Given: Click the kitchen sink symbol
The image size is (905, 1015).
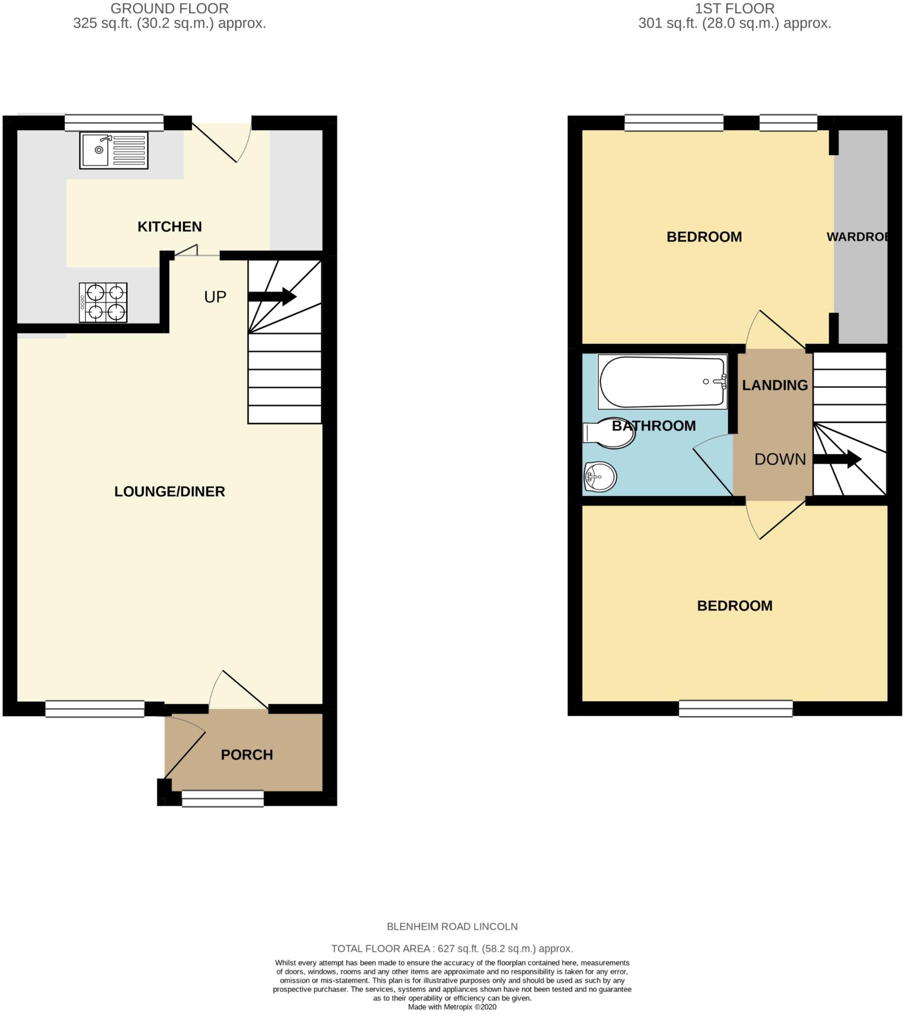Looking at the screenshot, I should [113, 150].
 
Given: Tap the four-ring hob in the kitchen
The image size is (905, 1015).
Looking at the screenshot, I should [103, 302].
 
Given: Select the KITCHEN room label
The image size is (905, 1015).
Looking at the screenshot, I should [169, 227].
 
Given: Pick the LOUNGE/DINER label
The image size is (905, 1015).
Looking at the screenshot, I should [169, 492].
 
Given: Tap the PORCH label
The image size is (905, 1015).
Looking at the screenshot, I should [247, 755].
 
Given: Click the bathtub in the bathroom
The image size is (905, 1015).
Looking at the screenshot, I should [662, 382].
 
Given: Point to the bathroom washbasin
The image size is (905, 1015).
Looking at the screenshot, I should [600, 477].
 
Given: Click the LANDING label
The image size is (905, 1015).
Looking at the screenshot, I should [775, 385].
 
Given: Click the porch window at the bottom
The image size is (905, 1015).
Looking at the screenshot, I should [223, 798].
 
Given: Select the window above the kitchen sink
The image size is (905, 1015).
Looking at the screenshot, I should [114, 122].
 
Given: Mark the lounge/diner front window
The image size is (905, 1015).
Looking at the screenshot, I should [95, 709].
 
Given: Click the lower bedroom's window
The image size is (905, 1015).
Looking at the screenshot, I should [736, 709].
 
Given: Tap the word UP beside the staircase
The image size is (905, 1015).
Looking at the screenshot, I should [215, 297].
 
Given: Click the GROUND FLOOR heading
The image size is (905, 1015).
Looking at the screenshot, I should [169, 8].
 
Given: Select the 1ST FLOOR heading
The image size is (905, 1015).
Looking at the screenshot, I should [735, 8].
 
